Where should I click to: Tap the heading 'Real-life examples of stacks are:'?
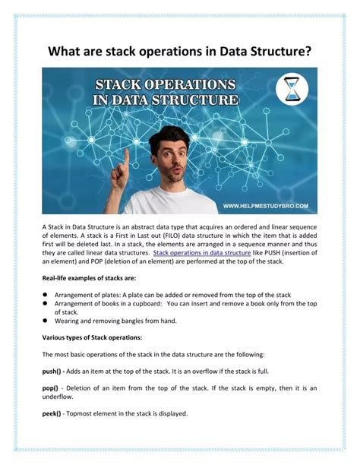(84, 279)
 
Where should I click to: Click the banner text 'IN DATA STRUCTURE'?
(167, 100)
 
